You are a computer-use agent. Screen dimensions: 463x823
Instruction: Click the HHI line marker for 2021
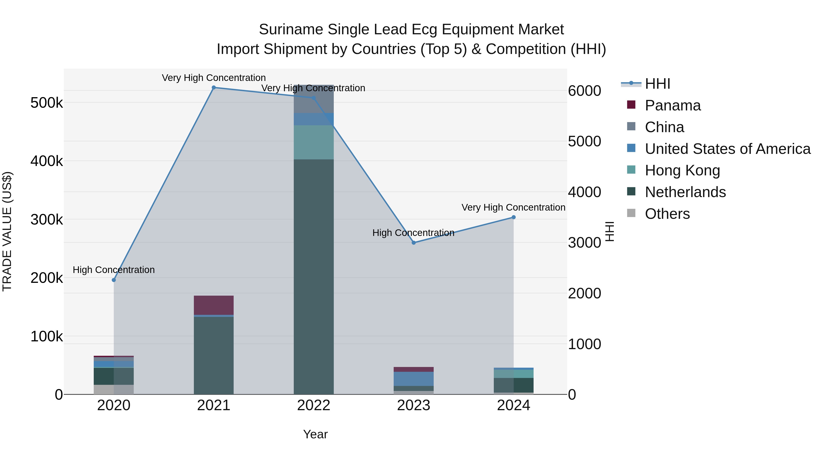[x=214, y=88]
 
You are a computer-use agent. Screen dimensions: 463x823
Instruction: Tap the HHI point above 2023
[x=414, y=243]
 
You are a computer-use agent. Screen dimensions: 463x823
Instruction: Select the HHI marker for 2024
[x=514, y=217]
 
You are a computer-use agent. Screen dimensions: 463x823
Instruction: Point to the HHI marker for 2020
[x=114, y=280]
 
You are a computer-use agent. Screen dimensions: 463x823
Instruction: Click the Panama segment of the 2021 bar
[x=214, y=305]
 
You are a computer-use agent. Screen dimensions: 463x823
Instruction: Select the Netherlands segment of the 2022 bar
[x=314, y=276]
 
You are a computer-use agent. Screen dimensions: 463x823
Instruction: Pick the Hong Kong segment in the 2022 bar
[x=314, y=142]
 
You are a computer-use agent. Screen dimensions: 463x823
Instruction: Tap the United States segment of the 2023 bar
[x=414, y=379]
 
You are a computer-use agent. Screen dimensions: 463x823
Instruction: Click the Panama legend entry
[x=673, y=105]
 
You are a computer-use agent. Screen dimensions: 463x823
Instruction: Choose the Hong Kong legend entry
[x=682, y=170]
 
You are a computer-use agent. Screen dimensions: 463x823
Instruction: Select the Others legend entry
[x=667, y=214]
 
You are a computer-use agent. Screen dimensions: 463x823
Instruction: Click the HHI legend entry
[x=657, y=84]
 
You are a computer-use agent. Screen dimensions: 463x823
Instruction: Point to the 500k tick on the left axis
[x=47, y=103]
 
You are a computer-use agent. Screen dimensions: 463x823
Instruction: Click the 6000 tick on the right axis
[x=584, y=91]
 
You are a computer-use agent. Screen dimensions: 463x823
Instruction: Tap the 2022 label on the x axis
[x=314, y=405]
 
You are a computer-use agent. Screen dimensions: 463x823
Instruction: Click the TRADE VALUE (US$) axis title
[x=7, y=231]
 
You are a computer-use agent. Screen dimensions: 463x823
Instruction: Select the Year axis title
[x=315, y=434]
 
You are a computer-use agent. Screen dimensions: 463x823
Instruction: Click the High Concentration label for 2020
[x=114, y=270]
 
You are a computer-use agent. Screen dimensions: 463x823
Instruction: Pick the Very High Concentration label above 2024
[x=513, y=207]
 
